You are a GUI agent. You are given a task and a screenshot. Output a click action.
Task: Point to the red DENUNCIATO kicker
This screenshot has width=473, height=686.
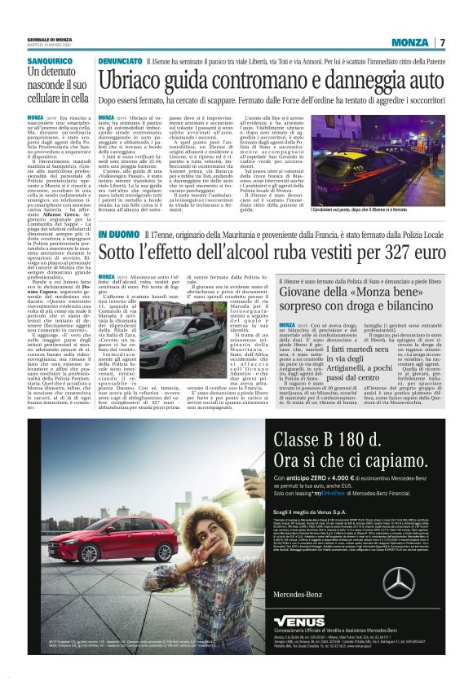[x=120, y=61]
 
